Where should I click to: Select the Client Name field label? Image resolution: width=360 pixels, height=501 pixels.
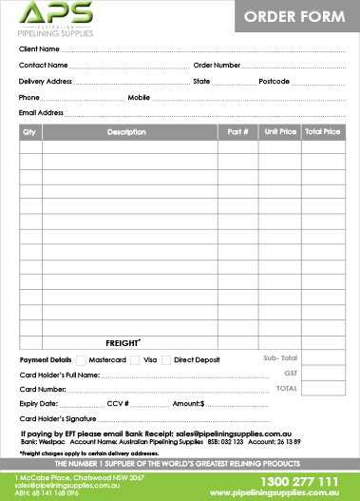(39, 48)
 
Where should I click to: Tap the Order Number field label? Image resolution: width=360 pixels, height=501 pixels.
(217, 65)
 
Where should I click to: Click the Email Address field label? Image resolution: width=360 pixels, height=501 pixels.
(41, 113)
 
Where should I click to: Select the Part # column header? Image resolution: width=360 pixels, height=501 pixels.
(237, 132)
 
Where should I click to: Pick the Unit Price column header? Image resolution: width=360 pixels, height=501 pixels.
(279, 132)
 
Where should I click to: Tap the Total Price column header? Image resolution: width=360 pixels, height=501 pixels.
(322, 132)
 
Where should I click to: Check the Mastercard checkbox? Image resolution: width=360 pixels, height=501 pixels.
(80, 360)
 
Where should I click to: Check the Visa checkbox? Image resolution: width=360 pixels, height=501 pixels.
(134, 360)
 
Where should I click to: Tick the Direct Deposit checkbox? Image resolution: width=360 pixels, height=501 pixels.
(167, 360)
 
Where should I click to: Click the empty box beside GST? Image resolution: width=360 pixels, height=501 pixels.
(324, 374)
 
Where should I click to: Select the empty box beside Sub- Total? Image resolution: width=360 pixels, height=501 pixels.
(324, 357)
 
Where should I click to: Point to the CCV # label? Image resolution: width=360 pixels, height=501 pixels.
(118, 404)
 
